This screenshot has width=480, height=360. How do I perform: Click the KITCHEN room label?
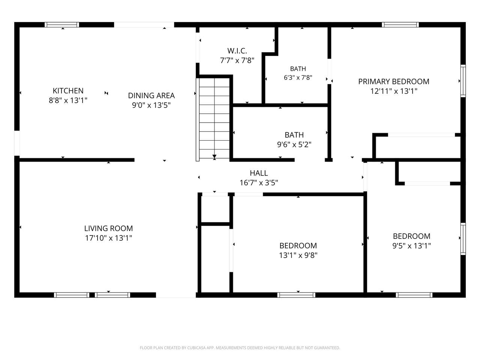click(68, 91)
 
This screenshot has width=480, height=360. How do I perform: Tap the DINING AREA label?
click(151, 96)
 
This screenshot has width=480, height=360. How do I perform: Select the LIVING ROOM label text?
click(108, 228)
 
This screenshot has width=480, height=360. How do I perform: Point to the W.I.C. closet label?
click(237, 51)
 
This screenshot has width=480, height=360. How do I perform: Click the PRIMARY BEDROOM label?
click(394, 81)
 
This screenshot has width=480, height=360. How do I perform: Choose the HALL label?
click(259, 173)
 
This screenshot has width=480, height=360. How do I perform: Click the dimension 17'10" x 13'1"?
click(108, 238)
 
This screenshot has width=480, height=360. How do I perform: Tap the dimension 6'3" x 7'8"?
click(298, 78)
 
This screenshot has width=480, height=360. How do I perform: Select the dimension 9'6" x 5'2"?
click(294, 144)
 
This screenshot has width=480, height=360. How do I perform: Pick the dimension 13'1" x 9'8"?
click(298, 255)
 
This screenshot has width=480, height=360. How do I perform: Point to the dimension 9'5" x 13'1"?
click(411, 246)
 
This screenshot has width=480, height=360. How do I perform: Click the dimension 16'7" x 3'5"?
click(259, 183)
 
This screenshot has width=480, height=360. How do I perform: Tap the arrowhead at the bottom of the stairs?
click(214, 156)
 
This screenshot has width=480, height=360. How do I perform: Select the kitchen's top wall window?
click(62, 25)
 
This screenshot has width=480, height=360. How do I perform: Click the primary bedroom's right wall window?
click(463, 81)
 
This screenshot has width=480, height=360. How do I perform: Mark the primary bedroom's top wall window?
click(400, 25)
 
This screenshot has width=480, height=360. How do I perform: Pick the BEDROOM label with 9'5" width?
click(411, 236)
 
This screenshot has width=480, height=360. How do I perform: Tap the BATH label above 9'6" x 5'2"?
click(294, 135)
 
